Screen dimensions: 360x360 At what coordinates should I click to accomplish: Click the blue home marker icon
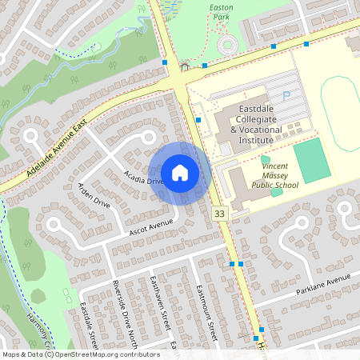(180, 173)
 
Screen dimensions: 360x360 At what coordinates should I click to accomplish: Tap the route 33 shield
(219, 214)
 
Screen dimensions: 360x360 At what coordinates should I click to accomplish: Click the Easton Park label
(221, 11)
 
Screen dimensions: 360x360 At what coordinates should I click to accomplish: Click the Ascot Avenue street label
(150, 227)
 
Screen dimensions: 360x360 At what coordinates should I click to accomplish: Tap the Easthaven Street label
(160, 304)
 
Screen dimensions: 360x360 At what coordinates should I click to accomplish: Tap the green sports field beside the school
(311, 160)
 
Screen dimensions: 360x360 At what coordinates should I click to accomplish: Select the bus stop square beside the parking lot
(198, 119)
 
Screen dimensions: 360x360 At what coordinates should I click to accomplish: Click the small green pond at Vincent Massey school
(277, 192)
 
